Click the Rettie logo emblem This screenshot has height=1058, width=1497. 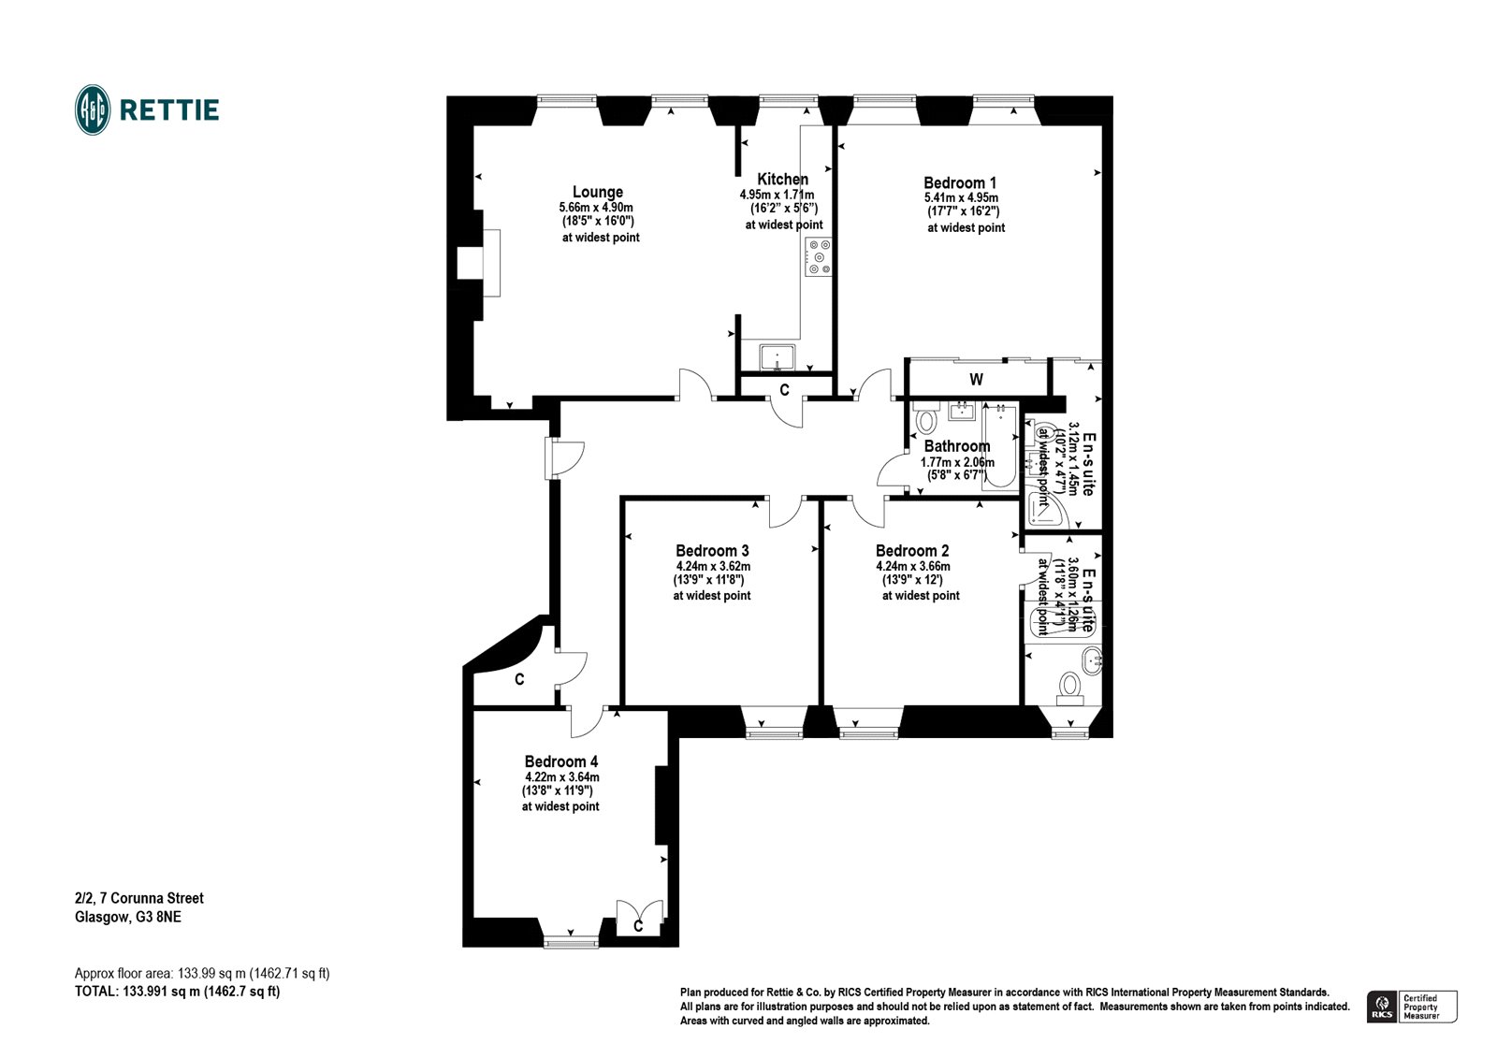click(93, 109)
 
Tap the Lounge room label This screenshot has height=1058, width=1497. click(597, 193)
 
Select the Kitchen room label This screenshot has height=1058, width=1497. click(783, 180)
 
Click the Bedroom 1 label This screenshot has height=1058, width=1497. click(960, 183)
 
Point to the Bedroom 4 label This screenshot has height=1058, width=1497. click(560, 761)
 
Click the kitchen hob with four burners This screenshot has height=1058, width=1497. click(820, 257)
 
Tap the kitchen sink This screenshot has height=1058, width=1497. click(778, 356)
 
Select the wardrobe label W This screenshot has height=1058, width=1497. click(976, 380)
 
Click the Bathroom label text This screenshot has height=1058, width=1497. click(956, 446)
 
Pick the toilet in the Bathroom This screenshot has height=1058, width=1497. click(926, 420)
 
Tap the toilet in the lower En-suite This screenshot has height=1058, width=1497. click(1068, 689)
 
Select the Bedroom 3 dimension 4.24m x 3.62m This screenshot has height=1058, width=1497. click(713, 566)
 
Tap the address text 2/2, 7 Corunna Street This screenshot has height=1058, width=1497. click(139, 898)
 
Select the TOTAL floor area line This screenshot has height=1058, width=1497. click(177, 992)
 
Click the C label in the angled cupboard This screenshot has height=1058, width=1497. click(519, 680)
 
